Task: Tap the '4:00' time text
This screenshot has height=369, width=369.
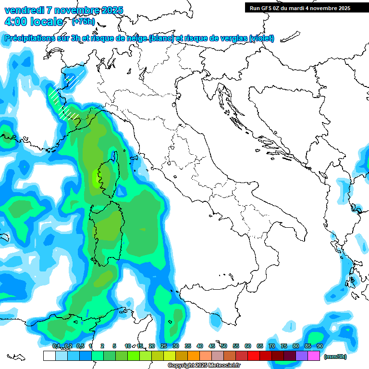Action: coord(16,22)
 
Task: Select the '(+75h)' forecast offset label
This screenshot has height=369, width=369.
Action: coord(83,21)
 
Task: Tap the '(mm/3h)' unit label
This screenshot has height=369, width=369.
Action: coord(335,357)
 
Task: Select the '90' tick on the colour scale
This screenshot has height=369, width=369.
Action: coord(320,346)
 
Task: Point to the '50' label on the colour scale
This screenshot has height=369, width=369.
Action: coord(224,346)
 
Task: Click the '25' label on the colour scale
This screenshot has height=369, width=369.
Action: coord(164,346)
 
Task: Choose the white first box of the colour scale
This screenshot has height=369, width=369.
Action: coord(49,356)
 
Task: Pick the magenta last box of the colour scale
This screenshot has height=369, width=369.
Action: coord(314,356)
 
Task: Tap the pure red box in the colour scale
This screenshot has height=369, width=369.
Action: coord(254,356)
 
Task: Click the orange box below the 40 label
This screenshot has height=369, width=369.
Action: coord(194,356)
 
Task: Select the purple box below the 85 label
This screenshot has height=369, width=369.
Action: coord(302,356)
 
